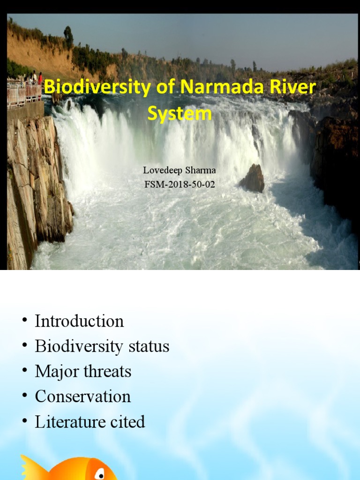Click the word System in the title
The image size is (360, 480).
[180, 114]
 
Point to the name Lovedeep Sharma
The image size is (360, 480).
[180, 170]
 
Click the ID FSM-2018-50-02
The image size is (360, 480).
[180, 184]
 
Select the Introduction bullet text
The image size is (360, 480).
[79, 322]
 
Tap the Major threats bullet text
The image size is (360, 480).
[83, 372]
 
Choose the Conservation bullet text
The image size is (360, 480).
[82, 397]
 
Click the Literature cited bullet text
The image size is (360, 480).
[90, 422]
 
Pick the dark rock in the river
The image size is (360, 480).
[253, 179]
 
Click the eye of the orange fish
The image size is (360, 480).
[99, 474]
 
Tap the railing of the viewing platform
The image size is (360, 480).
[23, 94]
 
